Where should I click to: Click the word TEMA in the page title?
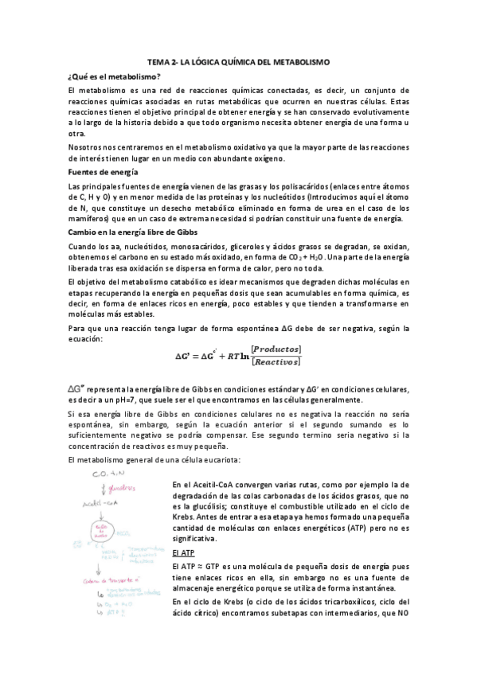pyautogui.click(x=158, y=62)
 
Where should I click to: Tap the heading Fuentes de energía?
pyautogui.click(x=104, y=172)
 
